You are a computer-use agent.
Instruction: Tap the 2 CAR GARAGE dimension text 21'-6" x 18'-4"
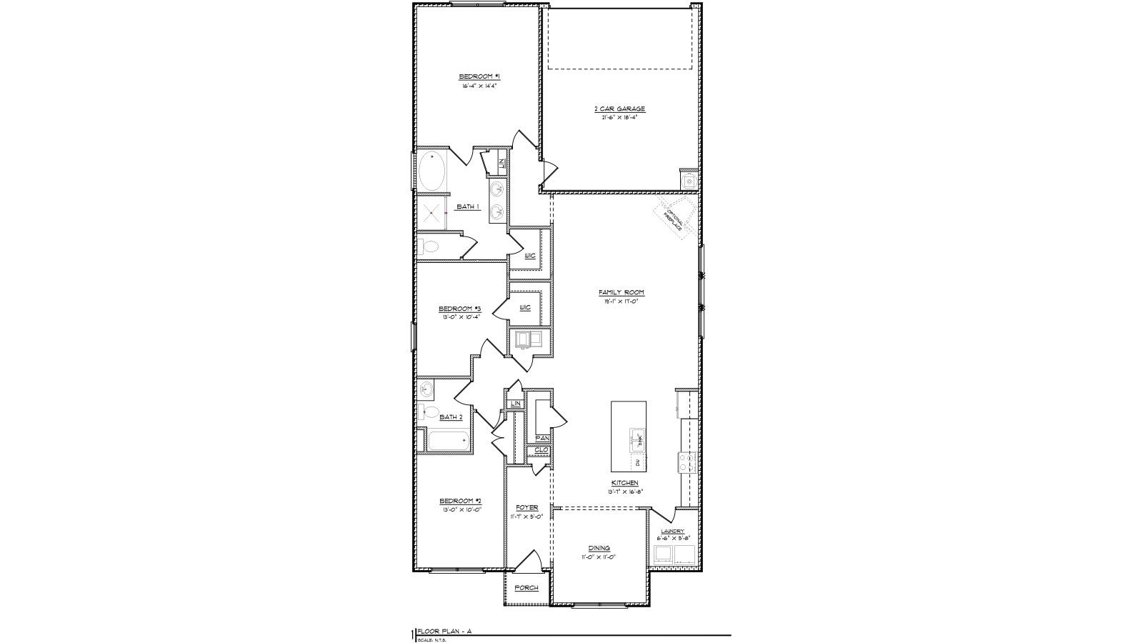click(619, 117)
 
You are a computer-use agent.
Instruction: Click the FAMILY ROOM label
click(621, 292)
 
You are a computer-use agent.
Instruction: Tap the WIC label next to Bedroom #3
click(525, 307)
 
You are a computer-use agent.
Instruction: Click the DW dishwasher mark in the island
click(637, 463)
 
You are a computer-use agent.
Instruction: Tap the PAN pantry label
click(541, 438)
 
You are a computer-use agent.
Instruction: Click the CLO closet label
click(541, 450)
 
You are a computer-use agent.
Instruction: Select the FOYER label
click(526, 507)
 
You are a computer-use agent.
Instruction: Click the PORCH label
click(526, 587)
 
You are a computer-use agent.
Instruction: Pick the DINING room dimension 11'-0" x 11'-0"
click(598, 557)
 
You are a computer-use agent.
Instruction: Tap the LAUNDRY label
click(672, 532)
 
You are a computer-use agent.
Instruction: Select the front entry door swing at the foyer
click(529, 562)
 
